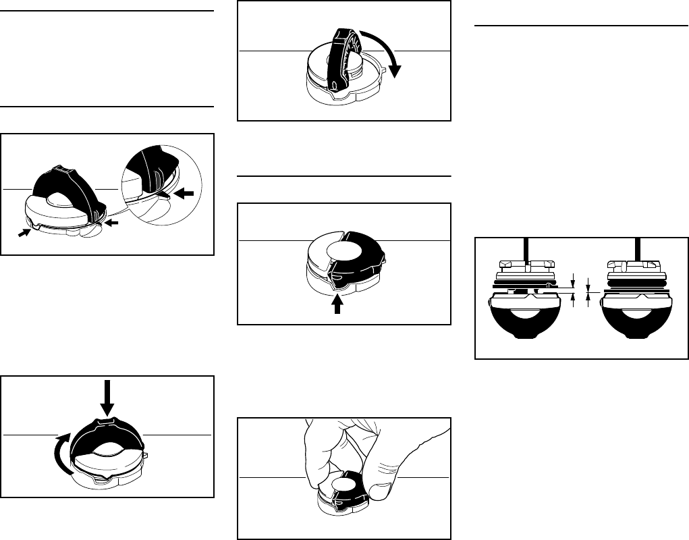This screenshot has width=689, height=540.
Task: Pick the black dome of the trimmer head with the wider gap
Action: [524, 324]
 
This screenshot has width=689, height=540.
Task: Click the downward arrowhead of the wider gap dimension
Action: [573, 278]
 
